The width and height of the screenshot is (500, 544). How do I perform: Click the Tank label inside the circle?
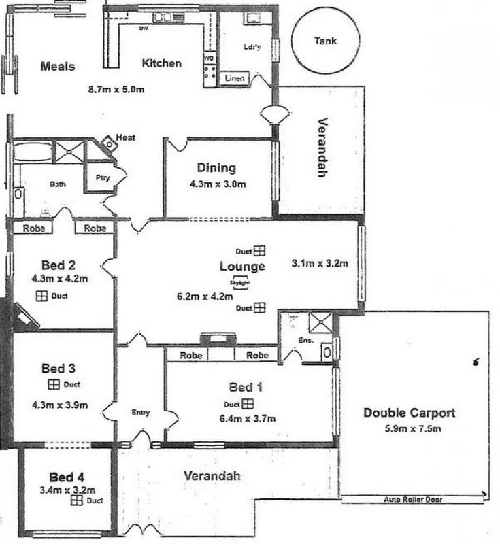(x=325, y=41)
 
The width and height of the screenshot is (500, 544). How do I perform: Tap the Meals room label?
(x=57, y=67)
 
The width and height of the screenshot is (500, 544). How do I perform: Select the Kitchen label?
(x=161, y=63)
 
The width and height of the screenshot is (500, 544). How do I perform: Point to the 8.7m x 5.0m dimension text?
(x=116, y=89)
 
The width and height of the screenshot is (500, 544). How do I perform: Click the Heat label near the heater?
(x=126, y=138)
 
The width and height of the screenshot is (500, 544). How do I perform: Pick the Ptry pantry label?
(x=101, y=177)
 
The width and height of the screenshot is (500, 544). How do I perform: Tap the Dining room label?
(x=216, y=168)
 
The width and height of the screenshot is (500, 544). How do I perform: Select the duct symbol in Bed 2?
(x=41, y=296)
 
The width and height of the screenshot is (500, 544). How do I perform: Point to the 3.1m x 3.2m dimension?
(x=320, y=263)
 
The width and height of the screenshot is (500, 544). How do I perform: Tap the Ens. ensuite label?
(x=305, y=340)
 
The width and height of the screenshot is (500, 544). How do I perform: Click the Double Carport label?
(x=409, y=413)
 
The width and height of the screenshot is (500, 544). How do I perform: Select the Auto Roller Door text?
(x=413, y=499)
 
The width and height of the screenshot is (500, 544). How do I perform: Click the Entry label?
(x=140, y=412)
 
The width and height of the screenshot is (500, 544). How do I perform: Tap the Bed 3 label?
(x=58, y=369)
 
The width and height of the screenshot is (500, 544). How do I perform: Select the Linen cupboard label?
(x=235, y=79)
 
